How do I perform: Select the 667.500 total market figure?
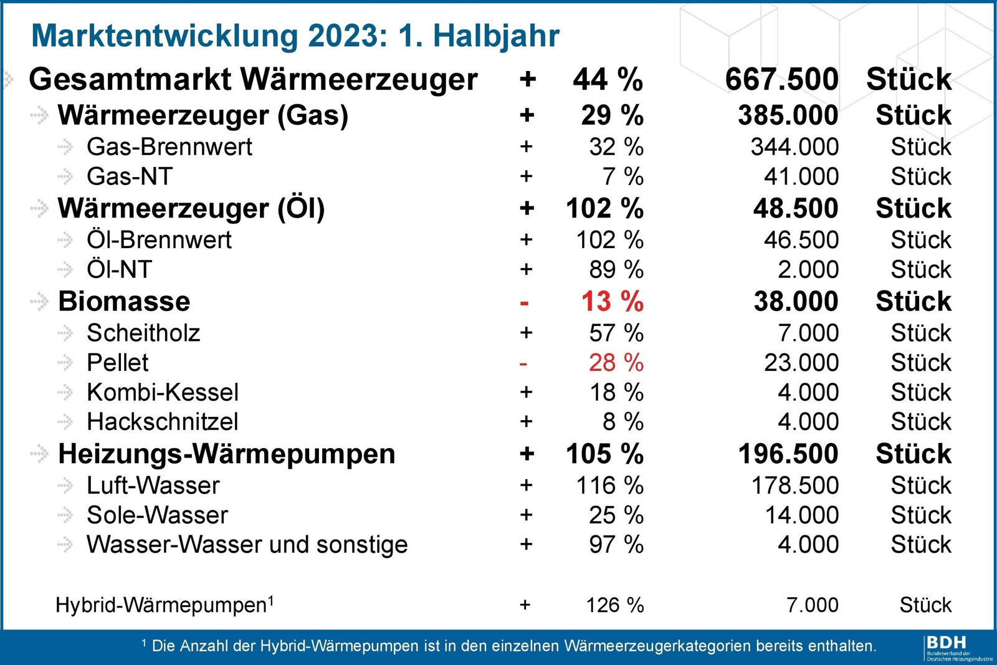(x=781, y=79)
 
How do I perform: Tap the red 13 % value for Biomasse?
(x=613, y=302)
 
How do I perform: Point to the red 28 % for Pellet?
(x=616, y=362)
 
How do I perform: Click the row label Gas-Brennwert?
(x=169, y=147)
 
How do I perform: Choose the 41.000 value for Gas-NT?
(x=801, y=176)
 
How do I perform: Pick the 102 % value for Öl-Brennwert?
(x=610, y=240)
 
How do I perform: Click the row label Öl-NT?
(x=119, y=269)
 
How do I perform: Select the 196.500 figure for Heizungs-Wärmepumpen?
(x=788, y=454)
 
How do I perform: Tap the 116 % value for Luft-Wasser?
(x=610, y=485)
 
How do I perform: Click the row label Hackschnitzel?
(x=163, y=421)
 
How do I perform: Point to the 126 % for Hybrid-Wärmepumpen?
(x=615, y=605)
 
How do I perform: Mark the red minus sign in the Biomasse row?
(x=524, y=304)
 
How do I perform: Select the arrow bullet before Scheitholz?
(x=65, y=333)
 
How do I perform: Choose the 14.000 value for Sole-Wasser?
(x=801, y=515)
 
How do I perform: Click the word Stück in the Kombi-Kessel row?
(x=921, y=392)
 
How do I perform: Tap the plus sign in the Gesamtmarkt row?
(x=527, y=79)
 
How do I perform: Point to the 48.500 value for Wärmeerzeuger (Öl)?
(x=795, y=208)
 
